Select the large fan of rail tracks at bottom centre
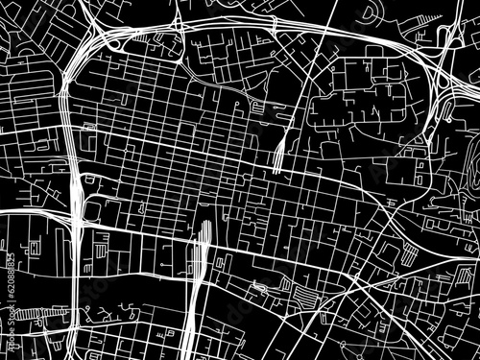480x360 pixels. [197, 269]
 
